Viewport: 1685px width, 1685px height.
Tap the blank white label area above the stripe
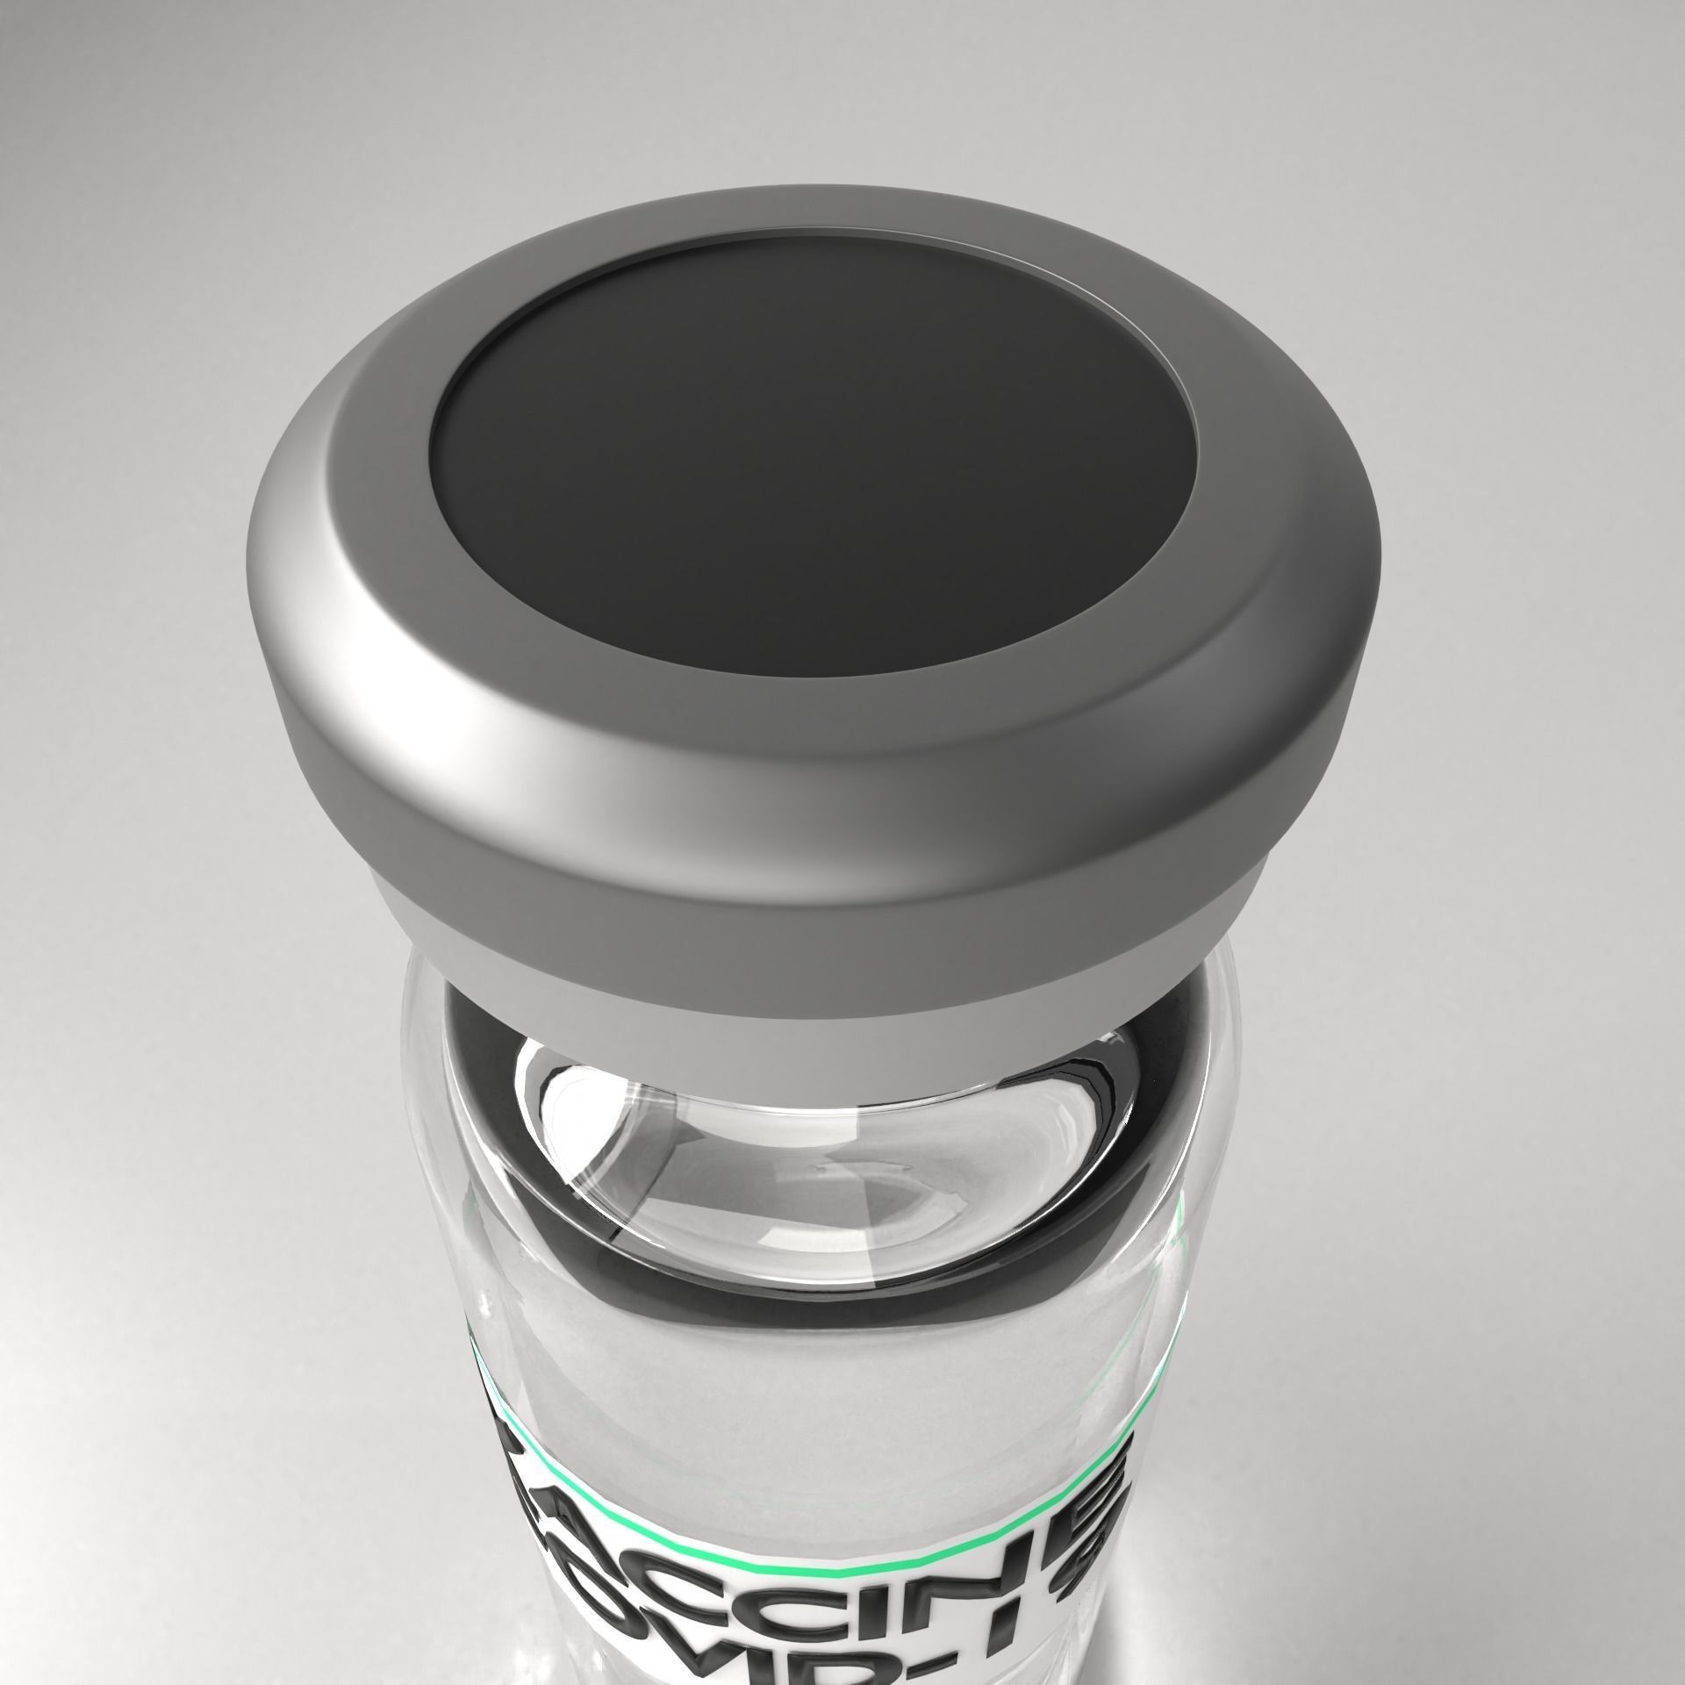[816, 1439]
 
